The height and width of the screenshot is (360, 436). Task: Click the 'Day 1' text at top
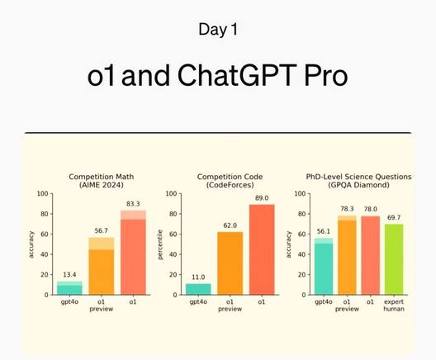[x=218, y=30]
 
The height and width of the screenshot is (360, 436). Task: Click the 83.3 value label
[x=133, y=203]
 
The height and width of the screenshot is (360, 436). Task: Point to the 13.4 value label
[x=69, y=273]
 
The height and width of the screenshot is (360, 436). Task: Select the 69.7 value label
[x=393, y=216]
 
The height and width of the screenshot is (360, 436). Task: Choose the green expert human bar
[x=393, y=259]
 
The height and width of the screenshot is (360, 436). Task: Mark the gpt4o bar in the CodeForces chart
[x=198, y=289]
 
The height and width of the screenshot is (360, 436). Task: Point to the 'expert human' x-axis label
[x=393, y=307]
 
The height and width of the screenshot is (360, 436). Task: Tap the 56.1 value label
[x=324, y=230]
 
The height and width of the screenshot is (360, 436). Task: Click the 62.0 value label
[x=230, y=225]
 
